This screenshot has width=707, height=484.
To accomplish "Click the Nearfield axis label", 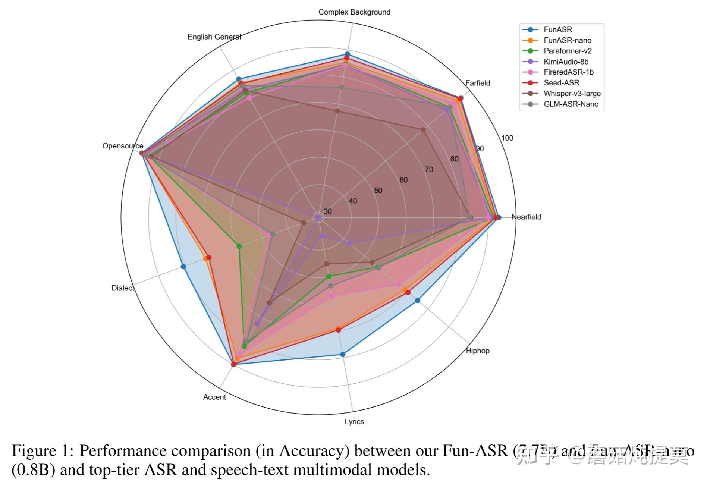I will click(526, 217).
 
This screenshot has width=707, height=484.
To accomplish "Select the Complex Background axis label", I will click(354, 12).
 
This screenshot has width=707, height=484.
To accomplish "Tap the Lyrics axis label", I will click(354, 422).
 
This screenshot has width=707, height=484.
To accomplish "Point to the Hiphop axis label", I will click(478, 351).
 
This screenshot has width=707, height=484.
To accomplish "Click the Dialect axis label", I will click(123, 288).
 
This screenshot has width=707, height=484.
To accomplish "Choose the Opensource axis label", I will click(123, 146).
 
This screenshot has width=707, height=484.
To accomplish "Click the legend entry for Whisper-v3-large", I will click(572, 94).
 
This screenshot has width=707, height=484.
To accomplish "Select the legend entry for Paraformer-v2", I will click(568, 51).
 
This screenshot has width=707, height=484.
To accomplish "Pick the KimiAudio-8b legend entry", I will click(566, 62).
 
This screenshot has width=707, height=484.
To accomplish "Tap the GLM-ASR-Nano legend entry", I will click(571, 104).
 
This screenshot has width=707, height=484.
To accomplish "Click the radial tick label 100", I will click(507, 138).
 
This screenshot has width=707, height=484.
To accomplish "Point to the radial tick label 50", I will click(378, 191).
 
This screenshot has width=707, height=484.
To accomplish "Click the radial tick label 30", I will click(327, 211).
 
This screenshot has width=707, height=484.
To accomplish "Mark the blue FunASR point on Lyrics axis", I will click(343, 354).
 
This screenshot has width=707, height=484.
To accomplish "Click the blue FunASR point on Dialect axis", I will click(183, 266).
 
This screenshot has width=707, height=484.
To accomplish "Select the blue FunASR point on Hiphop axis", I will click(418, 300).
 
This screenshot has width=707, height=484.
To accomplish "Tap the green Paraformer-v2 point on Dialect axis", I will click(239, 246).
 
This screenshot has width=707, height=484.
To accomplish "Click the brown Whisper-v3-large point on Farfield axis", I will click(423, 130).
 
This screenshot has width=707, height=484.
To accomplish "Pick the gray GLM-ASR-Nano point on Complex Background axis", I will click(341, 87).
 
